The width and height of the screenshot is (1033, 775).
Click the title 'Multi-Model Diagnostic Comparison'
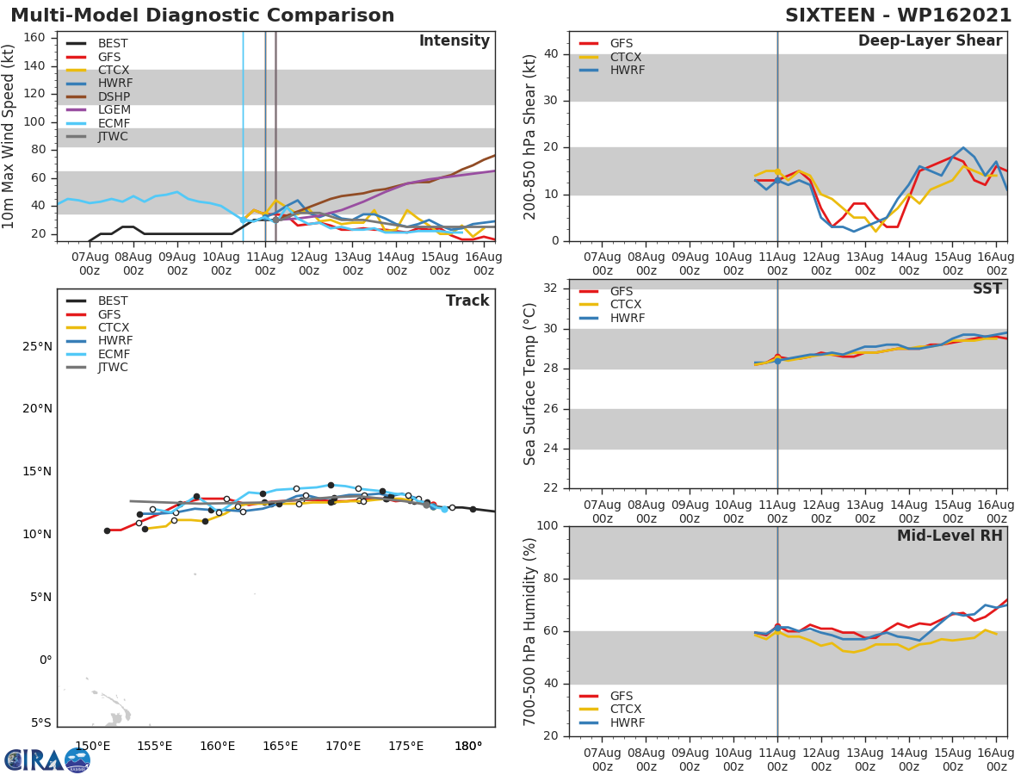[202, 15]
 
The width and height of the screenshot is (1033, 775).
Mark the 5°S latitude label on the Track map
[38, 723]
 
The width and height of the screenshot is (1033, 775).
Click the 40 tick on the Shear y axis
[551, 54]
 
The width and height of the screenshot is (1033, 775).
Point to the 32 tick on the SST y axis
[551, 288]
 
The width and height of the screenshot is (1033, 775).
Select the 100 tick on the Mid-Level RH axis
[547, 526]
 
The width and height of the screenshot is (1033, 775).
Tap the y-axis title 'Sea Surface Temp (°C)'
[530, 383]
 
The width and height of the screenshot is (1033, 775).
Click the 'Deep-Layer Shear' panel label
[930, 41]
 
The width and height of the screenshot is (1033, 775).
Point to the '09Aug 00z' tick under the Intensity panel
[176, 263]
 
